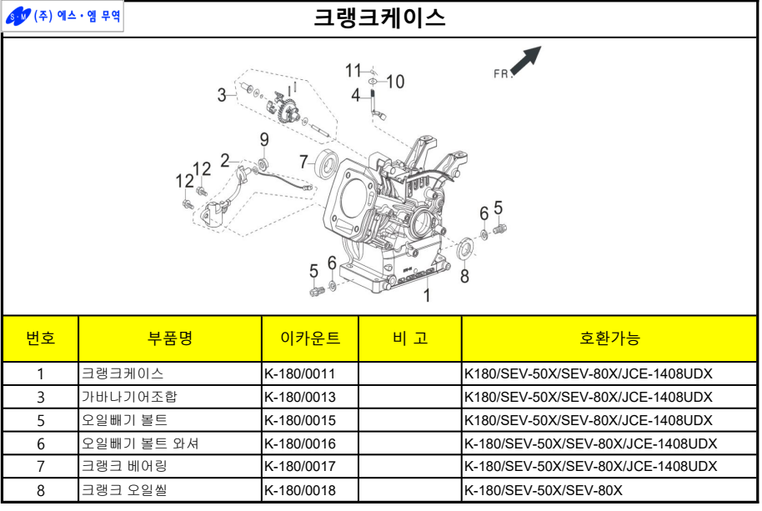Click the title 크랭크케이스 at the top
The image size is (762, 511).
tap(379, 18)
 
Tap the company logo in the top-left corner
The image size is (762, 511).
tap(63, 16)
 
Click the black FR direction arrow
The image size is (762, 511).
tap(526, 60)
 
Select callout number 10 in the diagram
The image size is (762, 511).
tap(394, 81)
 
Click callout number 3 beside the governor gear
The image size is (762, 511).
tap(222, 95)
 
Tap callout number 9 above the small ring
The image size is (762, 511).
tap(264, 139)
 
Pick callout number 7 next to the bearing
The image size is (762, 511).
tap(304, 162)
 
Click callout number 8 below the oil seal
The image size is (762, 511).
tap(464, 276)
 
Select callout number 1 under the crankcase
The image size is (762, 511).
tap(426, 294)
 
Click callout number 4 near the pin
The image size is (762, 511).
tap(355, 96)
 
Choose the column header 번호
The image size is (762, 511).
tap(40, 338)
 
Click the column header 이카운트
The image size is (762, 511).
tap(310, 338)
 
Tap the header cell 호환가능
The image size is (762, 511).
tap(609, 338)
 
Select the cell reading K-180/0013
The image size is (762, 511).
tap(299, 397)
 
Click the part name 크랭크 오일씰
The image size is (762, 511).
tap(123, 490)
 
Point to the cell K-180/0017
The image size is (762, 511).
tap(299, 467)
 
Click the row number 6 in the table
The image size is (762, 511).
tap(40, 443)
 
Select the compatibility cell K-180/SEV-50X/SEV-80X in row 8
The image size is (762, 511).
tap(543, 490)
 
